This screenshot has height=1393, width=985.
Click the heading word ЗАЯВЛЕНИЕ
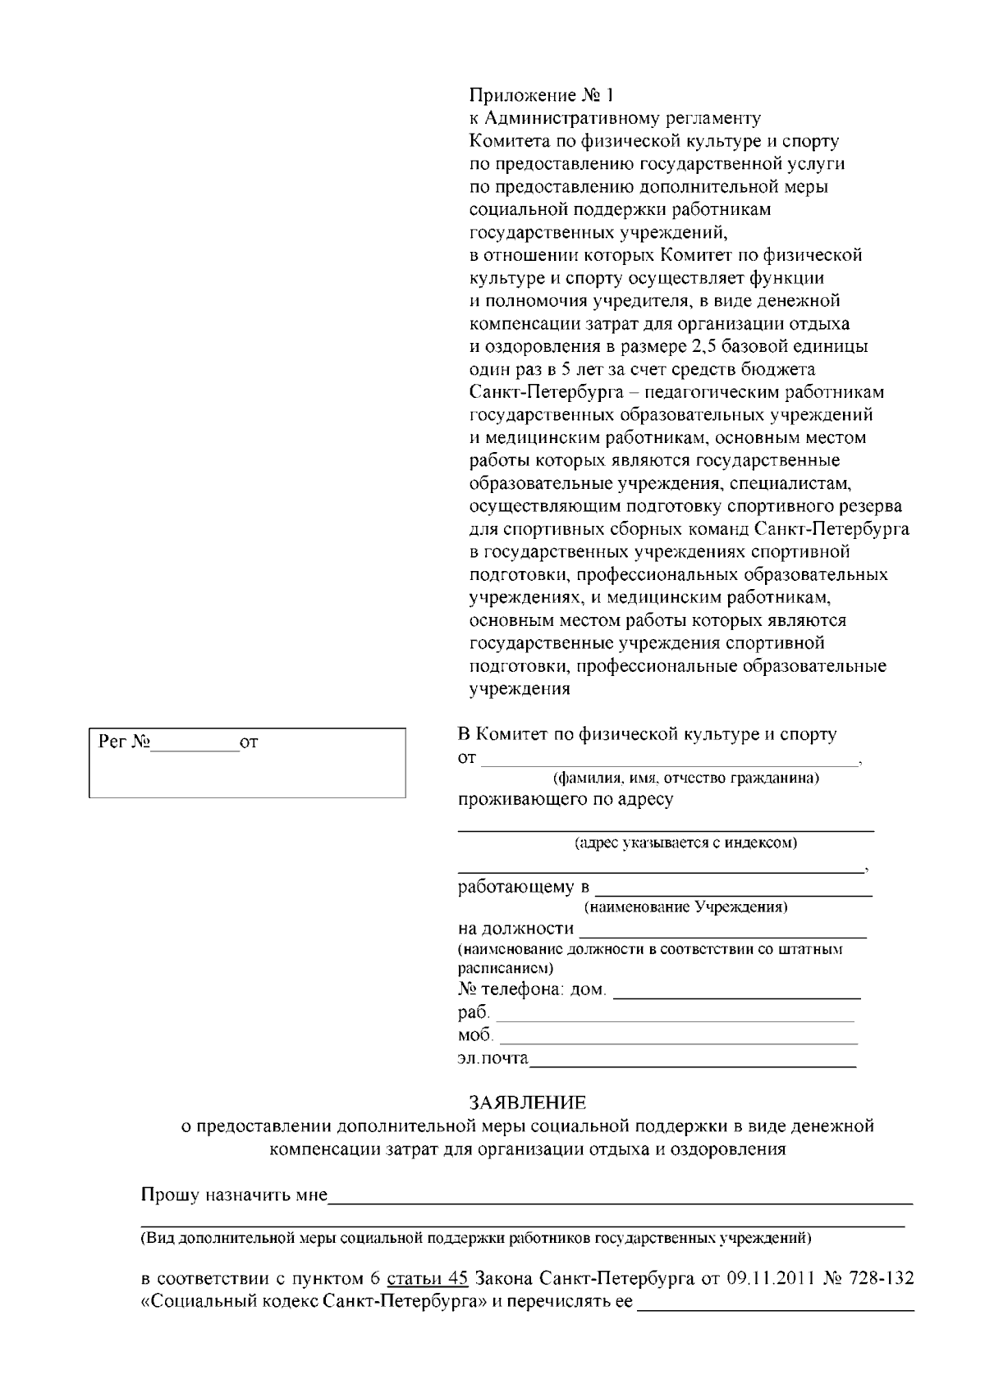coord(528,1102)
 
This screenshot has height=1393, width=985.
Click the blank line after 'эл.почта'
coord(692,1064)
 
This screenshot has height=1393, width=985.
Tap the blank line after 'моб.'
coord(678,1041)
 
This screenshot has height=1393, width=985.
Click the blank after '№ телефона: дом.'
coord(737,996)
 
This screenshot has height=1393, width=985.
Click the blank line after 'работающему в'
coord(732,893)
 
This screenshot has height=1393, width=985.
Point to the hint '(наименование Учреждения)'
coord(685,907)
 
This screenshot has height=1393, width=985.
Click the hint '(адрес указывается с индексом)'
coord(685,843)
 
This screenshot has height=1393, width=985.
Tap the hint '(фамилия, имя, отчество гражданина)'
coord(686,778)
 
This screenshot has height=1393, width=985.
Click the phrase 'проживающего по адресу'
coord(566,799)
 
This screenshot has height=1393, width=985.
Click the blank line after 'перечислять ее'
coord(777,1308)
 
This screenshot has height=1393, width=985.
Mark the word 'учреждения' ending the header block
coord(519,689)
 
